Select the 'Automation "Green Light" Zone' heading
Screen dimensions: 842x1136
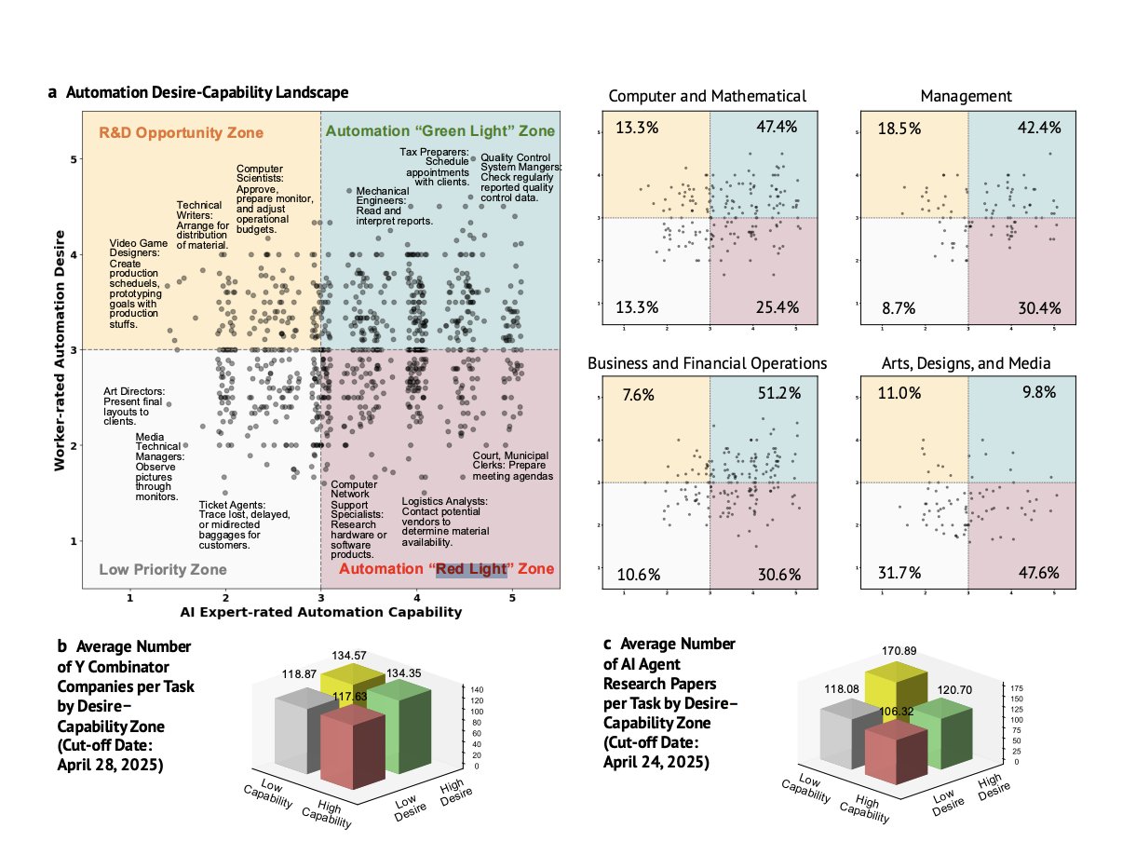(x=440, y=131)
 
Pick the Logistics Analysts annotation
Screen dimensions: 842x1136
(x=444, y=522)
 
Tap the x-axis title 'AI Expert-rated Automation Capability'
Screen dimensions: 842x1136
(x=320, y=612)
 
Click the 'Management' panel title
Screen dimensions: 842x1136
(x=966, y=96)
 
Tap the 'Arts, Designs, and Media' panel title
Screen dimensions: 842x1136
(x=966, y=362)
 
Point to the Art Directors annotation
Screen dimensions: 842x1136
(x=135, y=406)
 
